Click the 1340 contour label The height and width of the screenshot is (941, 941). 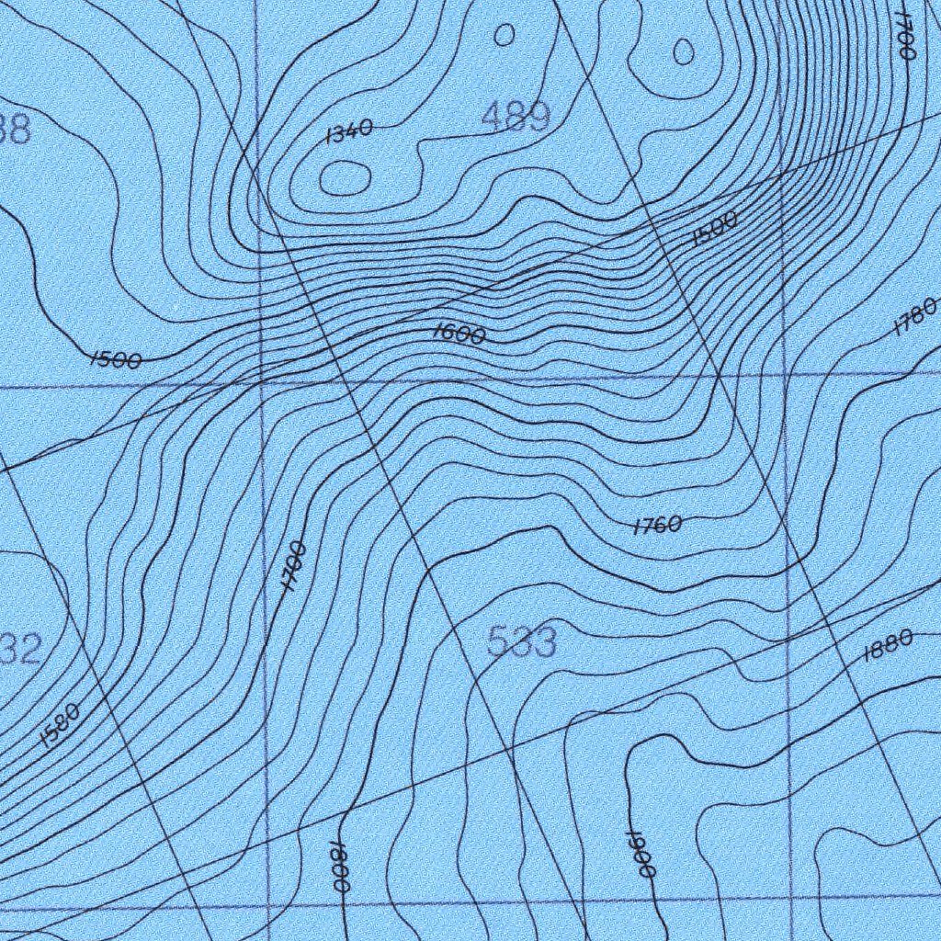pyautogui.click(x=349, y=132)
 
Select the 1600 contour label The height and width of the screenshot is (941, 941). pyautogui.click(x=459, y=335)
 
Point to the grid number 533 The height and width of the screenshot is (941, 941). pyautogui.click(x=521, y=642)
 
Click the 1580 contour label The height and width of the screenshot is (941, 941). pyautogui.click(x=61, y=726)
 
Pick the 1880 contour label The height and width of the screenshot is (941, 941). pyautogui.click(x=888, y=646)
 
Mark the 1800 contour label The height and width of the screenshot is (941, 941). pyautogui.click(x=338, y=866)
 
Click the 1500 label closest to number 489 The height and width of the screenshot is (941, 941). pyautogui.click(x=715, y=227)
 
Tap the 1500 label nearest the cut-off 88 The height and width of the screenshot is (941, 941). pyautogui.click(x=116, y=360)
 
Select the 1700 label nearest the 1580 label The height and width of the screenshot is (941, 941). pyautogui.click(x=293, y=566)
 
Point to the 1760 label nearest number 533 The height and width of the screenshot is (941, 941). pyautogui.click(x=657, y=526)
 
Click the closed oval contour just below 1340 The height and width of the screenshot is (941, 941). pyautogui.click(x=345, y=177)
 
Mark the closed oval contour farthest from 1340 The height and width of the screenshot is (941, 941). pyautogui.click(x=684, y=51)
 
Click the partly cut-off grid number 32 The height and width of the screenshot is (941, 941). pyautogui.click(x=20, y=651)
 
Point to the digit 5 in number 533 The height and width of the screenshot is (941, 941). pyautogui.click(x=498, y=642)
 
